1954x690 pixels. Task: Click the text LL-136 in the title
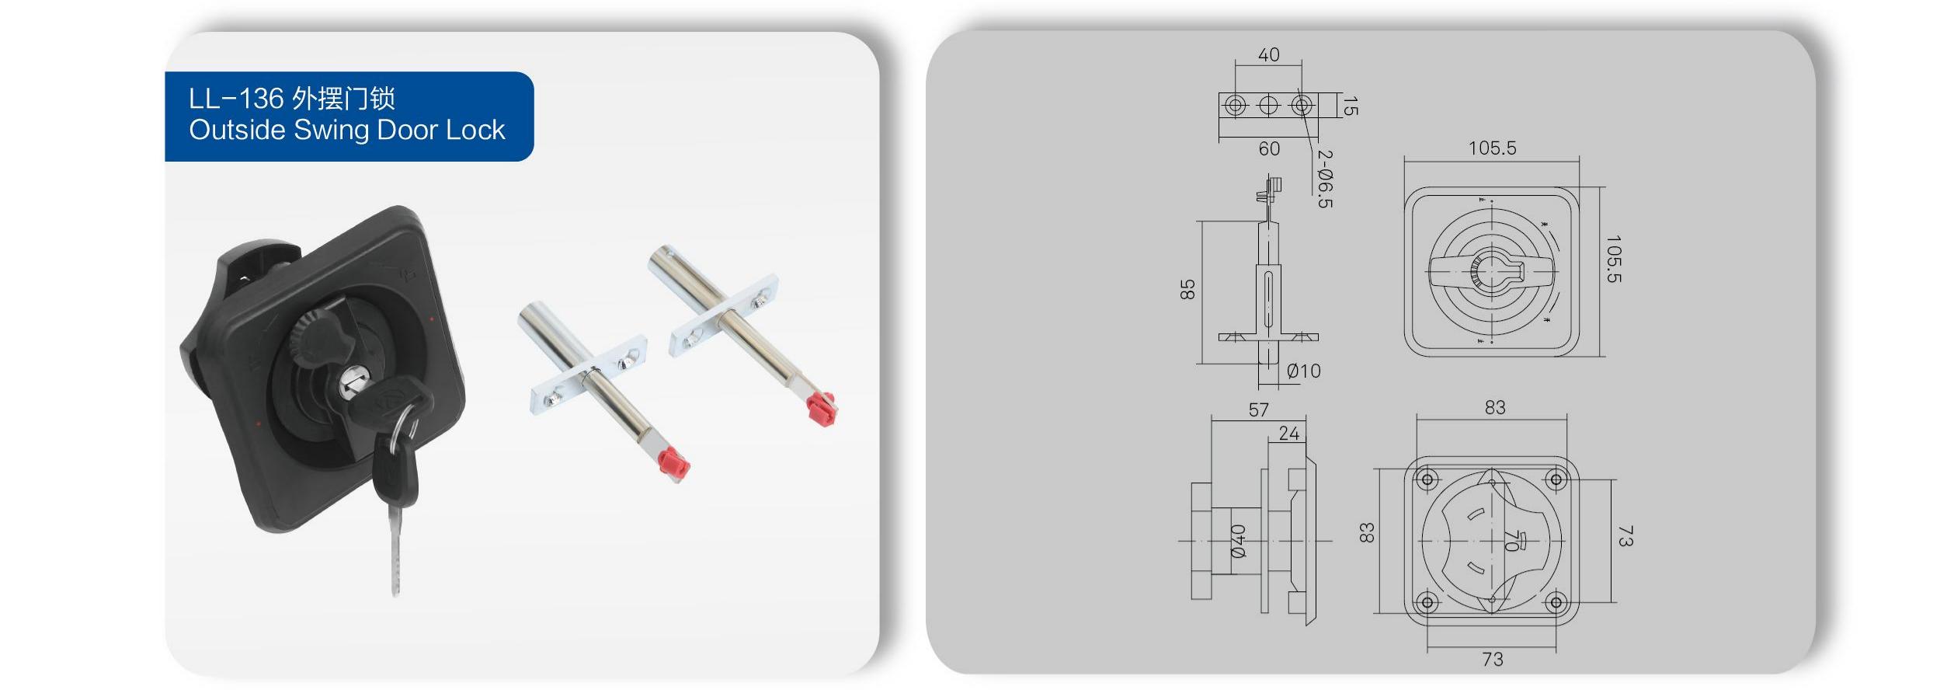point(236,99)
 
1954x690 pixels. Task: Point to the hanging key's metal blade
point(395,552)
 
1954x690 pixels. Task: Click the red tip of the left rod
point(673,464)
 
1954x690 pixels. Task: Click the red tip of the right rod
point(821,408)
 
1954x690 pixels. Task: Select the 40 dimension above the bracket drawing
point(1268,55)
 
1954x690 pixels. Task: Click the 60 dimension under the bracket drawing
point(1268,148)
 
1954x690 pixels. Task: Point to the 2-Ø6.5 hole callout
point(1325,179)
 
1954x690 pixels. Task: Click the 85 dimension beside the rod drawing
point(1187,290)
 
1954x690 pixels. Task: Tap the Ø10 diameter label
point(1303,371)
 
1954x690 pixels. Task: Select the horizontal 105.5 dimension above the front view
point(1492,148)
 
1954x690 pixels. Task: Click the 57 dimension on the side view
point(1258,409)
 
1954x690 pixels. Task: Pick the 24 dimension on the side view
point(1288,434)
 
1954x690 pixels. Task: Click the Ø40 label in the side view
point(1238,541)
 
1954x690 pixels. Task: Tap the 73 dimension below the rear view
point(1492,659)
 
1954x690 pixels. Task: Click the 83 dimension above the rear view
point(1494,407)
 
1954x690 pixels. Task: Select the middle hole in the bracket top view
point(1268,105)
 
